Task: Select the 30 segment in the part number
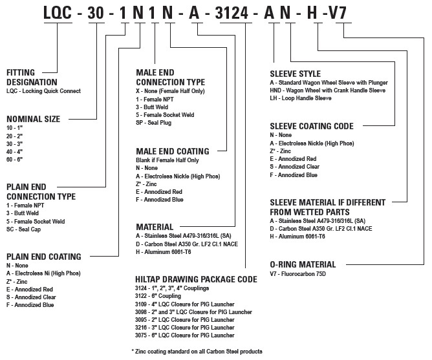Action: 96,13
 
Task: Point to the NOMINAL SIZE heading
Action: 32,119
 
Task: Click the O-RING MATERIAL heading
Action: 303,264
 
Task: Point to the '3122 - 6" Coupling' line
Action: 163,295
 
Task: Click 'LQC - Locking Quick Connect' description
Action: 43,91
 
